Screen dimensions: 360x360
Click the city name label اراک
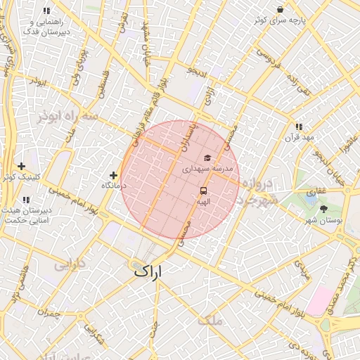(x=146, y=270)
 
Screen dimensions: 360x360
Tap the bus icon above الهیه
(x=203, y=191)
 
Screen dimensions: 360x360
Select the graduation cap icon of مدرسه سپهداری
(x=207, y=157)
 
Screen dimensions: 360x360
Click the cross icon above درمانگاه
(x=113, y=174)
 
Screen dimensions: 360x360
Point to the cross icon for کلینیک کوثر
(x=22, y=166)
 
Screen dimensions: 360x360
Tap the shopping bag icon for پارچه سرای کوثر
(x=280, y=10)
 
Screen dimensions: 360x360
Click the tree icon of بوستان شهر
(x=323, y=209)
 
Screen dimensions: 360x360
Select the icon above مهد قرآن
(x=299, y=127)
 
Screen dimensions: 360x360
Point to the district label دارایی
(x=70, y=266)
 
